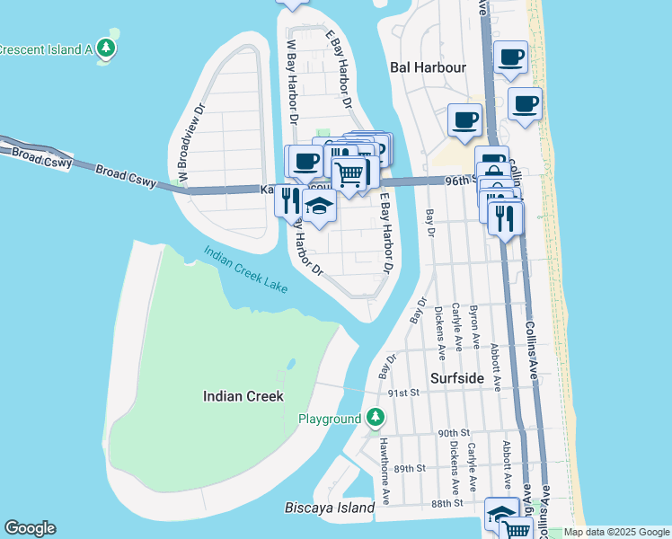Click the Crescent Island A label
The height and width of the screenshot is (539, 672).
pos(46,49)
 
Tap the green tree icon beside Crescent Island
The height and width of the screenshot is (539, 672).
pos(107,48)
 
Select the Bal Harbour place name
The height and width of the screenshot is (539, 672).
pos(429,67)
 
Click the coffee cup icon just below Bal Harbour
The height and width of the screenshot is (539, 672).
pos(464,120)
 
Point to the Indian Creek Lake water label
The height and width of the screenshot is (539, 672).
pos(245,269)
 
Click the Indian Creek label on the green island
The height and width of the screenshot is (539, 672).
pos(243,396)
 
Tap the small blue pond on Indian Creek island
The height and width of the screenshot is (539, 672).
pos(291,365)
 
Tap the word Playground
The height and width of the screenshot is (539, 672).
pos(330,419)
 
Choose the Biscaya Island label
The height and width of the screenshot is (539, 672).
pos(329,508)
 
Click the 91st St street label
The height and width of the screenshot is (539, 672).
pos(404,393)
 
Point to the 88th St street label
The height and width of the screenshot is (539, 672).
pos(446,503)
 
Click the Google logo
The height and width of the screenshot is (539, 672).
pos(30,528)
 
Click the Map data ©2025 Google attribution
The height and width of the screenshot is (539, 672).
pos(616,532)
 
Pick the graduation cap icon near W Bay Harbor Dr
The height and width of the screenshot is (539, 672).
pos(318,206)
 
